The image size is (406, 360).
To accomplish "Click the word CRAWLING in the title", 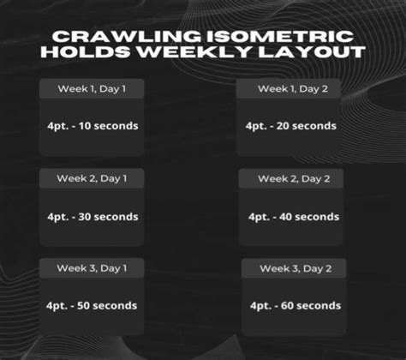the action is [x=127, y=37].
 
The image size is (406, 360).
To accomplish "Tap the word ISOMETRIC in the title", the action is [x=280, y=37].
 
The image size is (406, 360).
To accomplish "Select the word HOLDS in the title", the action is [x=86, y=52].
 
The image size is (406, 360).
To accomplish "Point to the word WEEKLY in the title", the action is [x=194, y=52].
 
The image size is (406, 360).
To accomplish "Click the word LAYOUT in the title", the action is [x=312, y=52].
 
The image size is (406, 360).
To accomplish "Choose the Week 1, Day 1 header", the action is [x=92, y=89].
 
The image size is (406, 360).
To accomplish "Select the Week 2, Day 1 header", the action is [x=92, y=178].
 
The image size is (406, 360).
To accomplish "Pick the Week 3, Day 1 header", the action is [x=92, y=268].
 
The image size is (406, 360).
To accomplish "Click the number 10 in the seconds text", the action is [x=85, y=126].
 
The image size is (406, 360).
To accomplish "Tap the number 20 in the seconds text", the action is [x=283, y=126].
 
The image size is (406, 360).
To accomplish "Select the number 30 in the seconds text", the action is [x=85, y=217].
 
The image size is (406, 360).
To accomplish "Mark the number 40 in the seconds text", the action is [x=285, y=217].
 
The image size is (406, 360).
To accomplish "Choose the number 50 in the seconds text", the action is [x=83, y=306].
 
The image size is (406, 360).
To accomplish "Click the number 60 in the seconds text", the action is [x=287, y=306].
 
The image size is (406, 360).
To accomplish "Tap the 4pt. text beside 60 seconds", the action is [x=260, y=306].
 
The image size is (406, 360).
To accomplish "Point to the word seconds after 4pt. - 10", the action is [x=116, y=126].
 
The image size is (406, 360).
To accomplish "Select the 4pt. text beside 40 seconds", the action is [x=259, y=218].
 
